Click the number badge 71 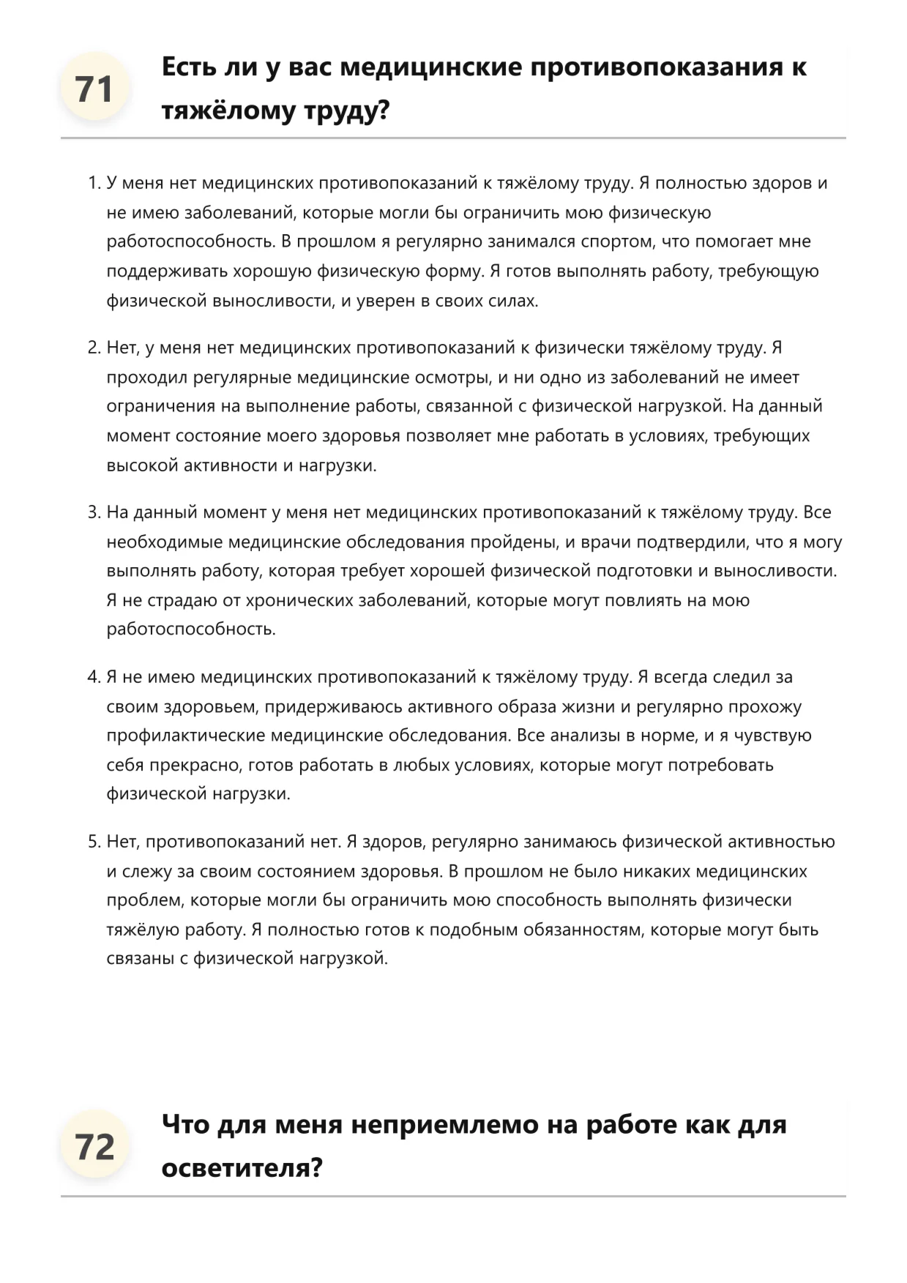(94, 89)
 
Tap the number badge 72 (94, 1146)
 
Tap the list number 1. (92, 183)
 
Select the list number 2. (92, 348)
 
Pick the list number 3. (92, 512)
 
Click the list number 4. (92, 677)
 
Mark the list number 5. (92, 842)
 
